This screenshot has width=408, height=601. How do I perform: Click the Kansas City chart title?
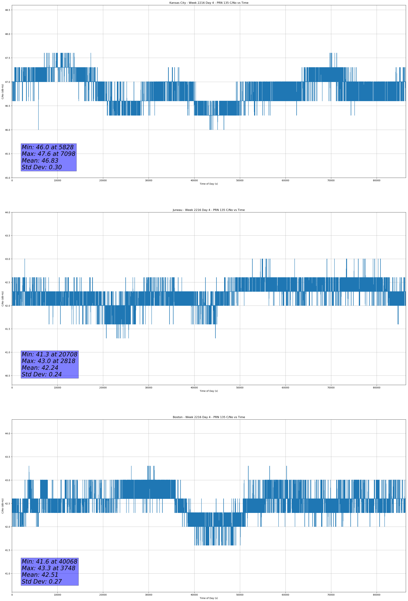click(209, 3)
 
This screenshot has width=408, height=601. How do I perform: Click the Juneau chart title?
click(209, 210)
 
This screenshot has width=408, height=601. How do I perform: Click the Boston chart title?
click(209, 417)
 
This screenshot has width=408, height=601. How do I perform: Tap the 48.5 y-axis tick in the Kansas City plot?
click(7, 10)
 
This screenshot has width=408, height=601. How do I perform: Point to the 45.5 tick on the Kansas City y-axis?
click(7, 154)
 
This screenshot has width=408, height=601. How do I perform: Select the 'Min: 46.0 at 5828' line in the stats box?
click(48, 147)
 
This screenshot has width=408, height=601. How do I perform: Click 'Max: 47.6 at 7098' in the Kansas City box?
click(48, 154)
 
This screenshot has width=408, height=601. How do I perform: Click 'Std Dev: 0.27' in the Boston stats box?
click(42, 582)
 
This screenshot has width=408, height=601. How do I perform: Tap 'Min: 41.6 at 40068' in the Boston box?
click(49, 561)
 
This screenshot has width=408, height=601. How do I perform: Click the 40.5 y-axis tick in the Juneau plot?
click(7, 376)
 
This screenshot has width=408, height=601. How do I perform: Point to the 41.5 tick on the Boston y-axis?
click(7, 550)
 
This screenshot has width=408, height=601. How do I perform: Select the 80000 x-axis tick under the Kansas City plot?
click(376, 181)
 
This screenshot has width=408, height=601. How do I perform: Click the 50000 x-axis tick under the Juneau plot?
click(240, 388)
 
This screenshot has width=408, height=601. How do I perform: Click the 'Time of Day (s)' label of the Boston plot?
click(209, 598)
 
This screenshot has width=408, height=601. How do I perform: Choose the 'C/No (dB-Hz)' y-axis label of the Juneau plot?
click(3, 299)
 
